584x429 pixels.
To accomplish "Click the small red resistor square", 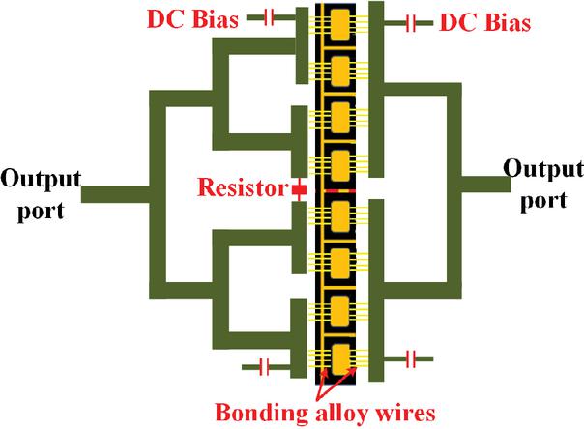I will pyautogui.click(x=300, y=190).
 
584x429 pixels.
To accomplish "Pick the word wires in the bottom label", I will pyautogui.click(x=410, y=412).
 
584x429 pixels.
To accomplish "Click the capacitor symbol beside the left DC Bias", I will pyautogui.click(x=269, y=16).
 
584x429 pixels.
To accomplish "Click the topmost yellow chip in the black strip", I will pyautogui.click(x=339, y=23).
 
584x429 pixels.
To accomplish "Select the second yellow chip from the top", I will pyautogui.click(x=339, y=70).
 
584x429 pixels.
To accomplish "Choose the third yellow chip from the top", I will pyautogui.click(x=339, y=117).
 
